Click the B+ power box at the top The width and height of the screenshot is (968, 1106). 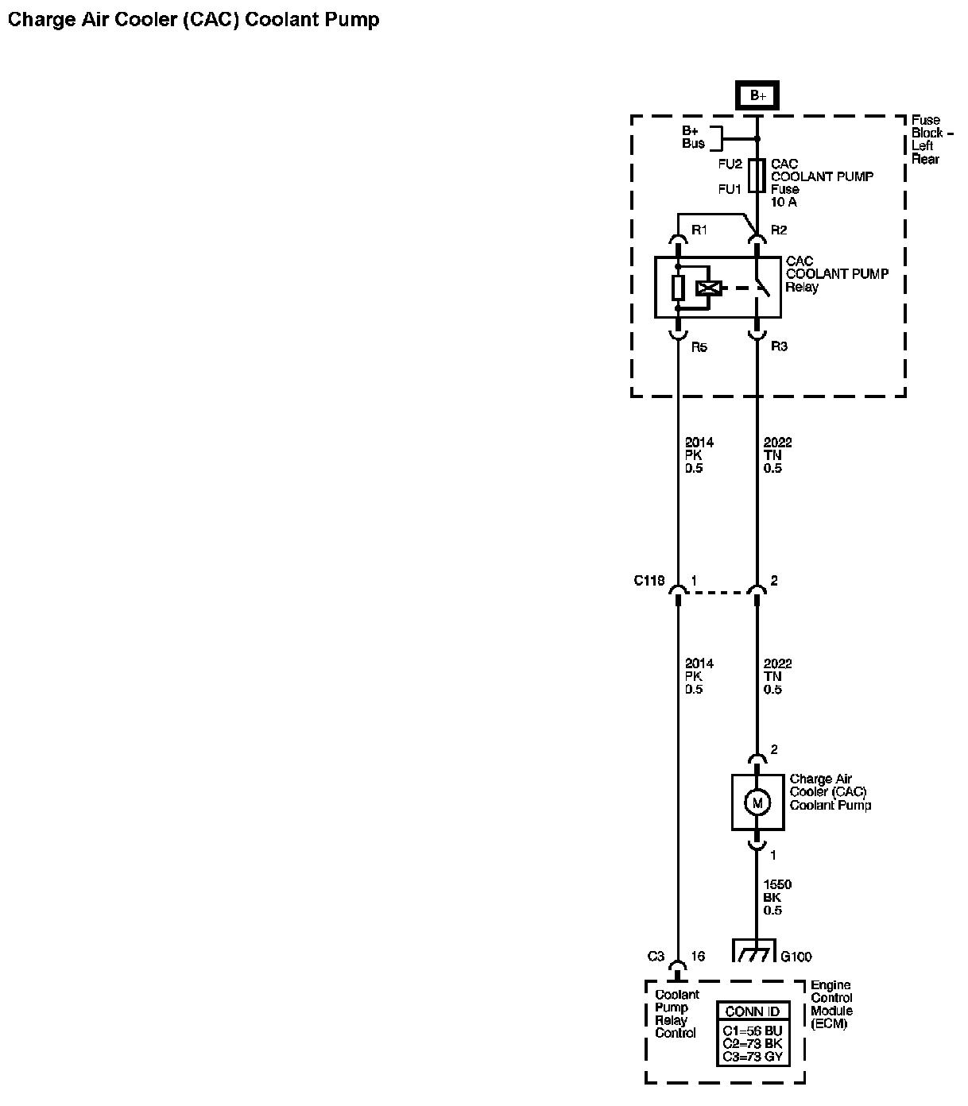tap(757, 95)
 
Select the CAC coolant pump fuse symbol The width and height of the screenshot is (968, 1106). tap(757, 176)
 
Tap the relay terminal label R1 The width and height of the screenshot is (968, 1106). tap(699, 230)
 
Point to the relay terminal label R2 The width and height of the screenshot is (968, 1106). tap(779, 230)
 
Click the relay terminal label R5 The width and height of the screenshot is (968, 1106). tap(699, 347)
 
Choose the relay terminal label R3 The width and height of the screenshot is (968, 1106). tap(779, 347)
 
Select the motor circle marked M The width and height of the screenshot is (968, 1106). tap(757, 803)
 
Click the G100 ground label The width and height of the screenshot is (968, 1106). tap(796, 957)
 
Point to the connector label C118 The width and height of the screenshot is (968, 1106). tap(649, 581)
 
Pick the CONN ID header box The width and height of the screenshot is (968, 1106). tap(753, 1011)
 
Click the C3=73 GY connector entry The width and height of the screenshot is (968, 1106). tap(753, 1057)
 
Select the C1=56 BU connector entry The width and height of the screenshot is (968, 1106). tap(753, 1031)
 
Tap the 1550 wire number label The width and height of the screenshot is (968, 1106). tap(777, 884)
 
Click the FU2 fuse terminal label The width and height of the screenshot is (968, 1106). tap(730, 164)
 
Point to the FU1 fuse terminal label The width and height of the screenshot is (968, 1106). tap(730, 189)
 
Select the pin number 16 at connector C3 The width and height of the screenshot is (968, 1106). tap(697, 957)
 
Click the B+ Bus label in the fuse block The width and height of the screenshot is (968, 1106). tap(693, 137)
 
